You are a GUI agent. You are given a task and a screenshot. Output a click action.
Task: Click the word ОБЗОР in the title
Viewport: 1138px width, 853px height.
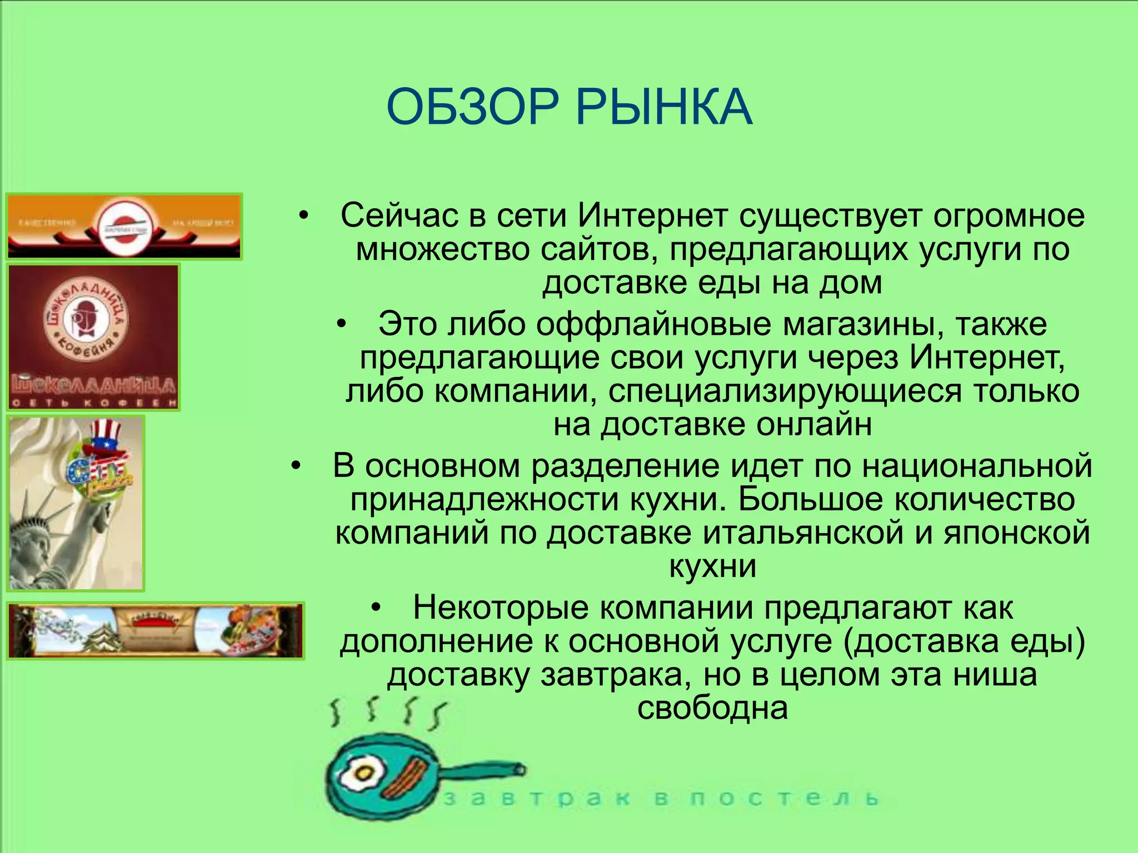tap(472, 107)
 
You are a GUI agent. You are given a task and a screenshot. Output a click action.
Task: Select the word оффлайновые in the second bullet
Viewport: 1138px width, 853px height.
tap(653, 324)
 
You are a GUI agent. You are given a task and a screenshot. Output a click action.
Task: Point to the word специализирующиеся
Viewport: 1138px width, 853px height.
tap(785, 390)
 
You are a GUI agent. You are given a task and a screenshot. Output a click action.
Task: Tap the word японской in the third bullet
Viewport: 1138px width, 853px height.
tap(1016, 532)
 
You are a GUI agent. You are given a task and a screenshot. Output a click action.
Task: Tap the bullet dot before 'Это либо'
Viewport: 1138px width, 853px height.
tap(342, 324)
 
